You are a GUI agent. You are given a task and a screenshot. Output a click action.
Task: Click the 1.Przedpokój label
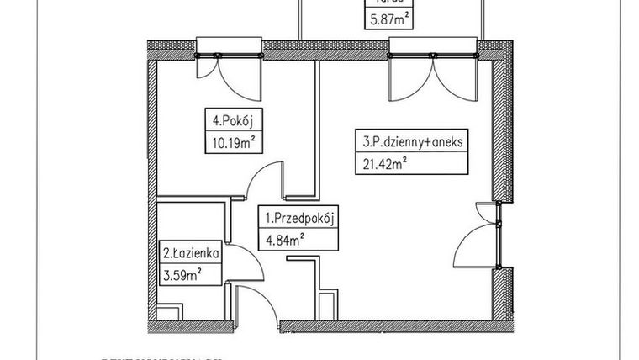point(300,220)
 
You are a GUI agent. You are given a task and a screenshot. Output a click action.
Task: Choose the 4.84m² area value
point(283,240)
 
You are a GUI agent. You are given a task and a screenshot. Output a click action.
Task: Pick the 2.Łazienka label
point(191,251)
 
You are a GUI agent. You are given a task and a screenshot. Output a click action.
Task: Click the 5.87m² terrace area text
point(388,16)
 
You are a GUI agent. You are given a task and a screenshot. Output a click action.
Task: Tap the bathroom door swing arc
point(244,267)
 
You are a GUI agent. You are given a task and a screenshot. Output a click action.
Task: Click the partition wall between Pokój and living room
point(316,126)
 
